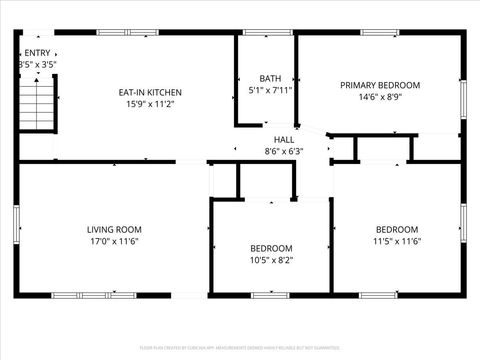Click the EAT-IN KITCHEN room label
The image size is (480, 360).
click(x=150, y=92)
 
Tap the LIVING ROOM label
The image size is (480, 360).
click(x=114, y=229)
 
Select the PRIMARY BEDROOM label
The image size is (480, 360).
click(x=379, y=85)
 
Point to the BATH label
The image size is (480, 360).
click(x=270, y=78)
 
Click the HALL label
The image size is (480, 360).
click(x=284, y=140)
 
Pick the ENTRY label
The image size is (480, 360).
click(x=37, y=53)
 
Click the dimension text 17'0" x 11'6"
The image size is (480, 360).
click(x=113, y=241)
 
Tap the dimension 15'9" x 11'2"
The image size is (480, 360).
click(x=150, y=104)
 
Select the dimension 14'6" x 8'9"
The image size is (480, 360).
click(x=379, y=97)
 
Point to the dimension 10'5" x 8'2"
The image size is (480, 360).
click(x=271, y=260)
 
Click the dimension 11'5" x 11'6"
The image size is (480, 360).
click(x=397, y=241)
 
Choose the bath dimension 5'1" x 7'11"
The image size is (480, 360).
click(x=270, y=90)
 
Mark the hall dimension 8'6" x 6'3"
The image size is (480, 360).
click(x=284, y=152)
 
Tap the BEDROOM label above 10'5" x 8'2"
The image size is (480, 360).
click(x=271, y=248)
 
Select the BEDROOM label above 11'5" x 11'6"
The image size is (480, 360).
click(x=397, y=229)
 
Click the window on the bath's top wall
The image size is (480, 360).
click(x=262, y=33)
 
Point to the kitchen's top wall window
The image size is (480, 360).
click(x=127, y=33)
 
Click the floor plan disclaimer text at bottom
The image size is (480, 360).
click(x=240, y=349)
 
